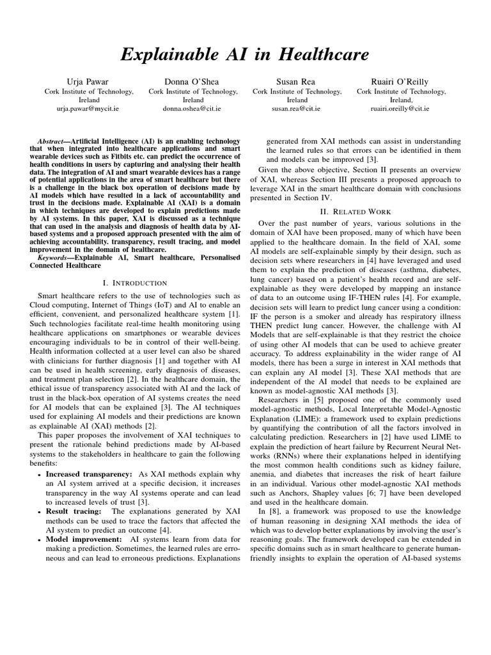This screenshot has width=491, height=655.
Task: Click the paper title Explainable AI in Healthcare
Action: [x=245, y=55]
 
